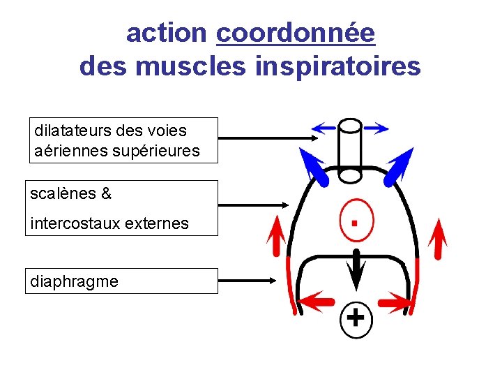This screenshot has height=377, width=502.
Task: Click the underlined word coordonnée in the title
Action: [296, 33]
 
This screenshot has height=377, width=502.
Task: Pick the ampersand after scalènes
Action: [106, 193]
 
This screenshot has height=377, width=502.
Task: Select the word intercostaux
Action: [73, 223]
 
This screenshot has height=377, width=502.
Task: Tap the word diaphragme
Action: [74, 281]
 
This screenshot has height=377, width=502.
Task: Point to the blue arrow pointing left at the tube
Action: [324, 127]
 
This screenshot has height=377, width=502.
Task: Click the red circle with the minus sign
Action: [356, 222]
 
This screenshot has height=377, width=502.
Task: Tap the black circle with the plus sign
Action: [356, 318]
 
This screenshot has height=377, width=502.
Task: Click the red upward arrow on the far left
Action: [277, 237]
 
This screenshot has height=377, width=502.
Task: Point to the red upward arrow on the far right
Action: [438, 237]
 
